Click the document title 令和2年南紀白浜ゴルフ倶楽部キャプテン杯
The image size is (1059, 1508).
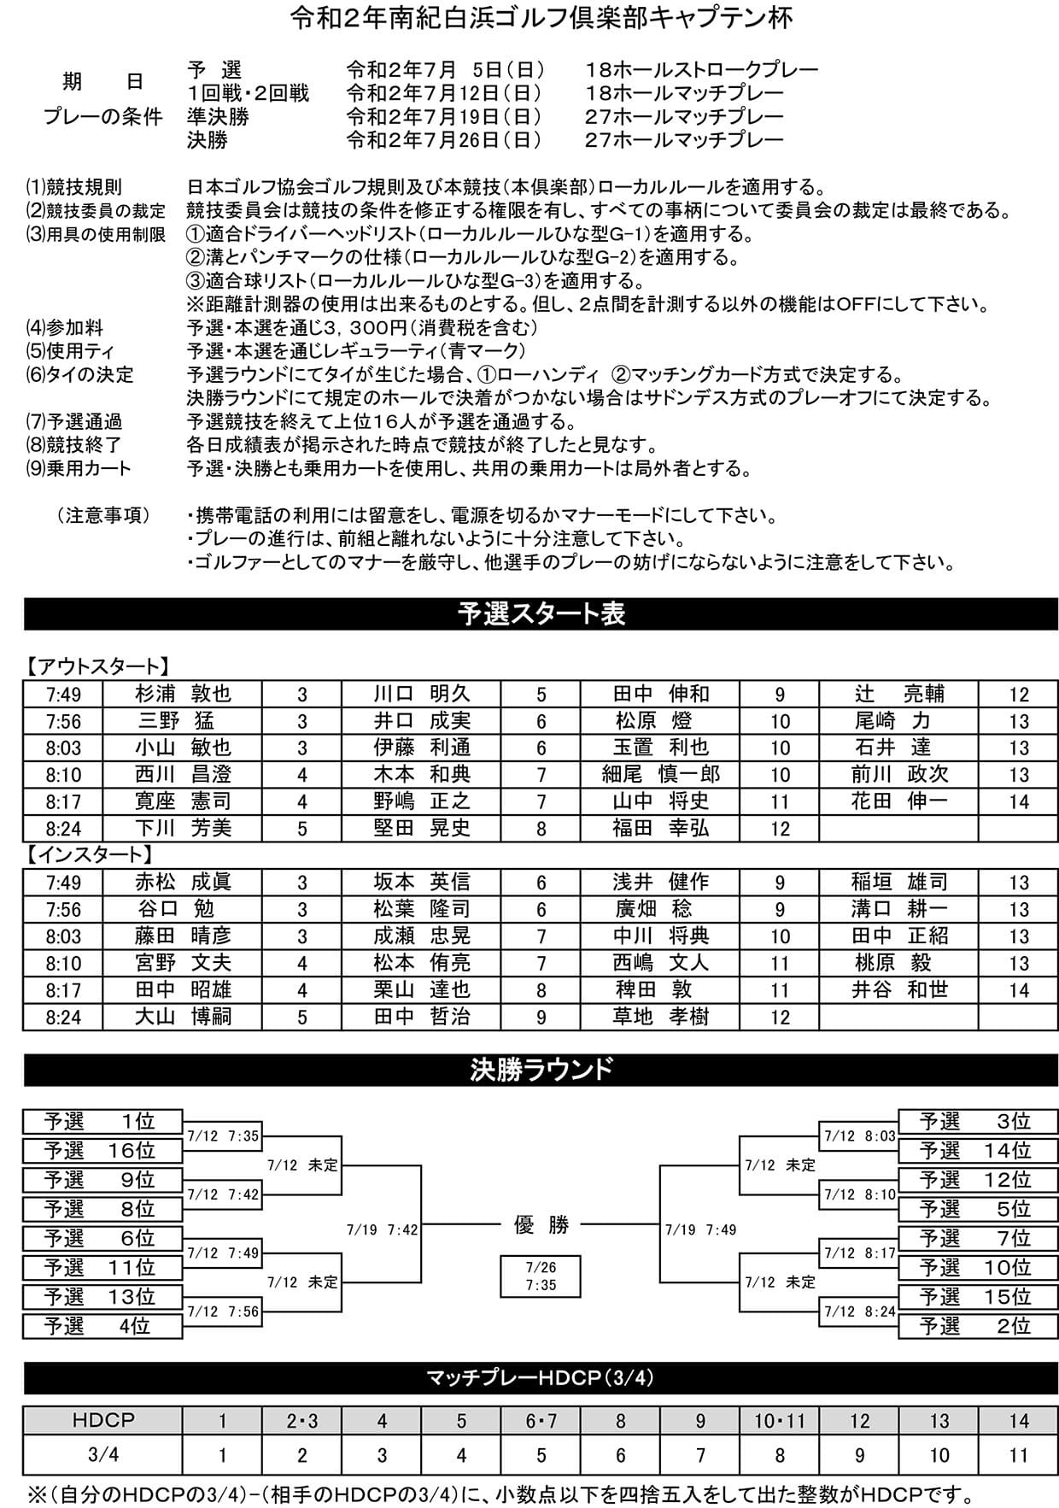[541, 19]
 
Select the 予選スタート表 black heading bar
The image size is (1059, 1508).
[541, 613]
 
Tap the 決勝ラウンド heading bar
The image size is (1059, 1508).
[541, 1070]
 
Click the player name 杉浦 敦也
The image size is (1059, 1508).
[183, 694]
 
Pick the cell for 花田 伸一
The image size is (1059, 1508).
[898, 801]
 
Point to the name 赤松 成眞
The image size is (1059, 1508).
[183, 883]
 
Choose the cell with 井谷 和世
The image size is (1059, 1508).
[898, 990]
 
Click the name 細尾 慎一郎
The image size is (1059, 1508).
[660, 775]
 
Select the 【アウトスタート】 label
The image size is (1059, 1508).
[96, 666]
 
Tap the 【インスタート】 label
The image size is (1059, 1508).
[89, 854]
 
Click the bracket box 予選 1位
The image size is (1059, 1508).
[102, 1122]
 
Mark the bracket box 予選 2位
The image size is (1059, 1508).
[978, 1326]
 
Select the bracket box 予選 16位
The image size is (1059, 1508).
[102, 1151]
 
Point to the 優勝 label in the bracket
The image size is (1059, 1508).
[541, 1225]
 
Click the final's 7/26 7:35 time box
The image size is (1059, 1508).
[541, 1276]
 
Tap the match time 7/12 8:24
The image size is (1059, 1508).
[860, 1311]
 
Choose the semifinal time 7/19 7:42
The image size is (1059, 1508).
[382, 1229]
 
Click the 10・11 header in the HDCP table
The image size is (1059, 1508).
[779, 1420]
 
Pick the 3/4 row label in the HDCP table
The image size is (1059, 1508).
[102, 1454]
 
